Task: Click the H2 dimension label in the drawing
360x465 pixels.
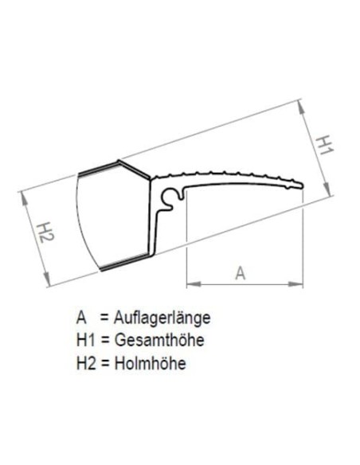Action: pos(45,231)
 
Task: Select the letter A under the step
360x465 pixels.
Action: pos(241,272)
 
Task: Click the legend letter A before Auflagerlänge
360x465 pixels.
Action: pos(81,318)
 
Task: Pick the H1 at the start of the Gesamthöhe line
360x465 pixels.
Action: pos(85,341)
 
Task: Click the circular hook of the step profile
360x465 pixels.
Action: pos(170,197)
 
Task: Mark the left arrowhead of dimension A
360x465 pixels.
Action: pos(190,283)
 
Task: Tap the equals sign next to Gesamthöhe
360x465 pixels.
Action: pos(102,341)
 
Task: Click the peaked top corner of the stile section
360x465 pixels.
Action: pos(120,162)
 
